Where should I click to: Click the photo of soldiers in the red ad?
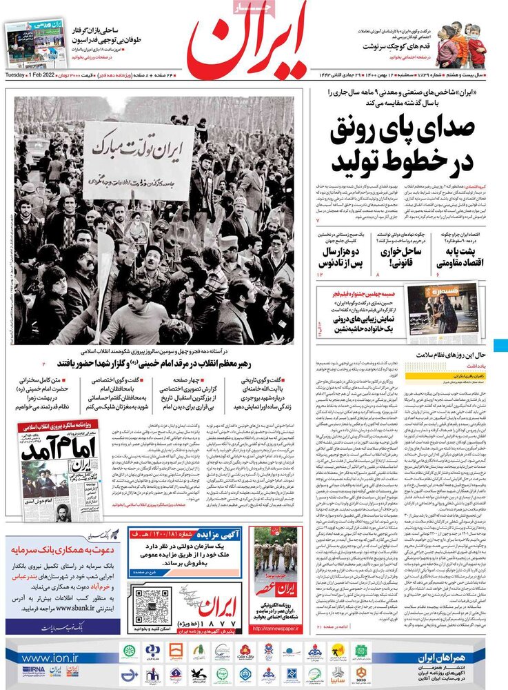coord(275,556)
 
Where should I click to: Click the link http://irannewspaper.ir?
coord(275,629)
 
